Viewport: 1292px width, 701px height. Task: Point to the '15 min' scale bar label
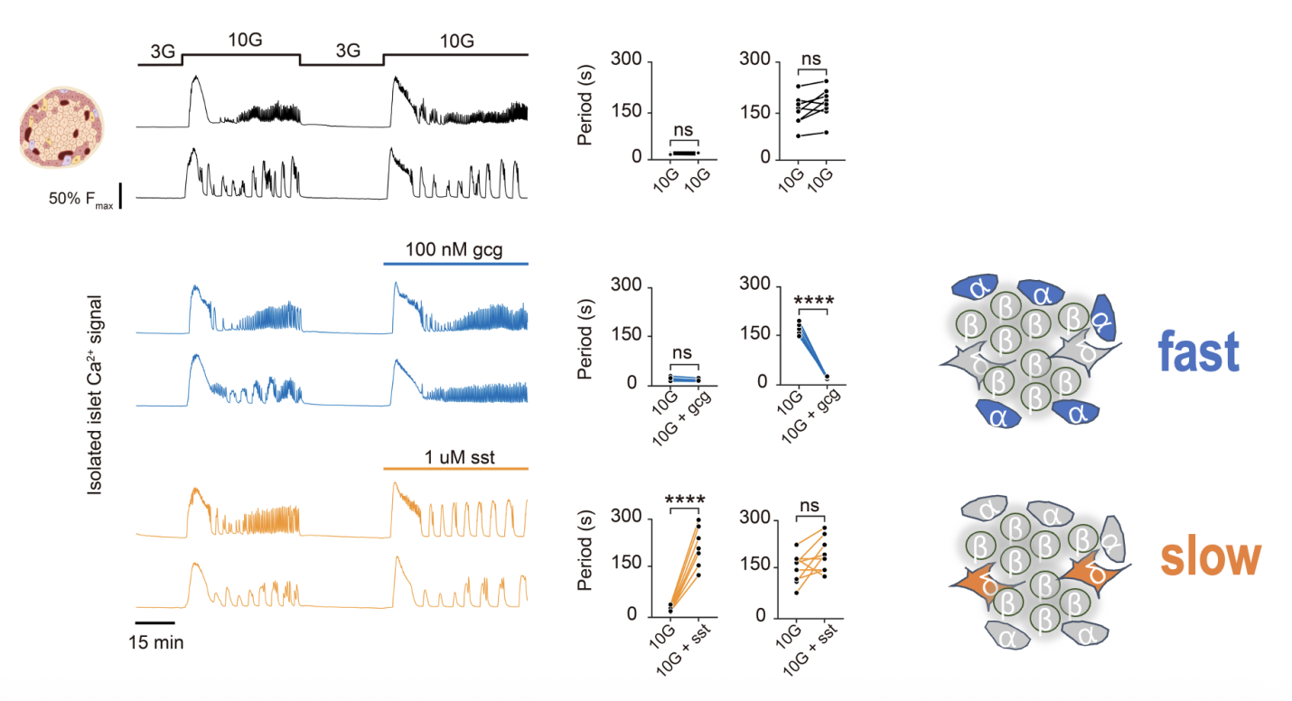coord(155,643)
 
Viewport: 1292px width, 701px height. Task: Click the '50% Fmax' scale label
coord(80,199)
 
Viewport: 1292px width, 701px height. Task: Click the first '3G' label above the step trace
coord(163,51)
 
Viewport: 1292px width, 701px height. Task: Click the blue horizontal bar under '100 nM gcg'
coord(454,264)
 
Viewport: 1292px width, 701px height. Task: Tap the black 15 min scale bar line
coord(154,622)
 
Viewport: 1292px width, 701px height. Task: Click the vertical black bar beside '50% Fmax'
coord(120,195)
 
